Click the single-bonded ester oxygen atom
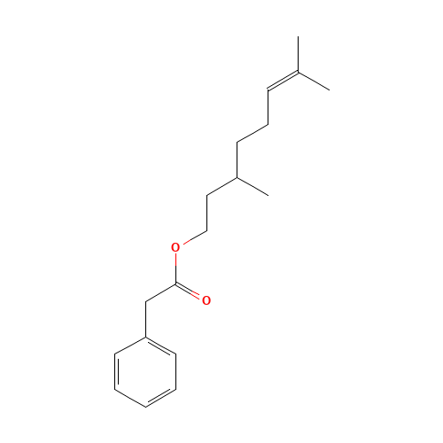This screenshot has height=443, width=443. tap(175, 247)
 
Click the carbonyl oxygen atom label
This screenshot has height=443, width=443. tap(206, 300)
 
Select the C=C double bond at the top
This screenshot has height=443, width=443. tap(284, 81)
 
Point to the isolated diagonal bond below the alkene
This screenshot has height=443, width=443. tap(252, 133)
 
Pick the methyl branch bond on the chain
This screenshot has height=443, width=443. tap(253, 186)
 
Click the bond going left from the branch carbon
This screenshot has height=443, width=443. tap(222, 186)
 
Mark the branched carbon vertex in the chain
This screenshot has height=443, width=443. tap(237, 177)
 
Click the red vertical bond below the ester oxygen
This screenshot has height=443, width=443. tap(176, 266)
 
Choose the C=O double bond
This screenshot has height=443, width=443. tap(190, 291)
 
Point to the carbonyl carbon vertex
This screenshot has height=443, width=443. tap(177, 284)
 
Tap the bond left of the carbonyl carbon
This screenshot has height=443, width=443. tap(161, 292)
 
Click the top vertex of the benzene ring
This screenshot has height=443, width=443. tap(146, 337)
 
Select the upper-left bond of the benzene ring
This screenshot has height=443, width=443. tap(130, 346)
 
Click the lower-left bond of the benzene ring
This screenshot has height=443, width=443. tap(130, 398)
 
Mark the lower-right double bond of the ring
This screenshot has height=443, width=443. tap(160, 397)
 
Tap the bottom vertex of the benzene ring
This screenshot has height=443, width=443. tap(146, 407)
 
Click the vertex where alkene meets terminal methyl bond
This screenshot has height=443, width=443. tap(299, 72)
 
